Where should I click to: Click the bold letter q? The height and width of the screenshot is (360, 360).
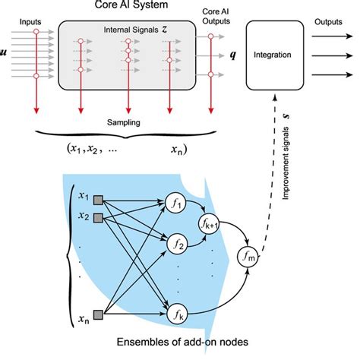click(220, 56)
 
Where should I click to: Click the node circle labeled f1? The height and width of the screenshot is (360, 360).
click(175, 202)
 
